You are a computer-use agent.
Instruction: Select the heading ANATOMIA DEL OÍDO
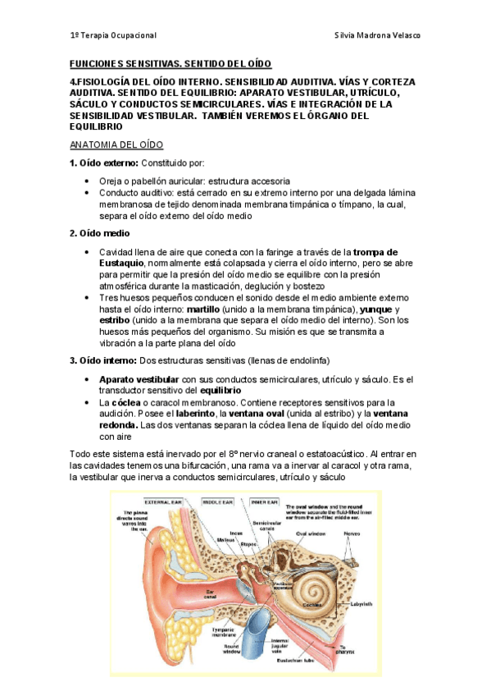[116, 144]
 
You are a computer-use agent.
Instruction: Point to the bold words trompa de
[377, 251]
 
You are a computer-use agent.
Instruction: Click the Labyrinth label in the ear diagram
[359, 603]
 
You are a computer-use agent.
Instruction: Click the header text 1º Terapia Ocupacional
[113, 36]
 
